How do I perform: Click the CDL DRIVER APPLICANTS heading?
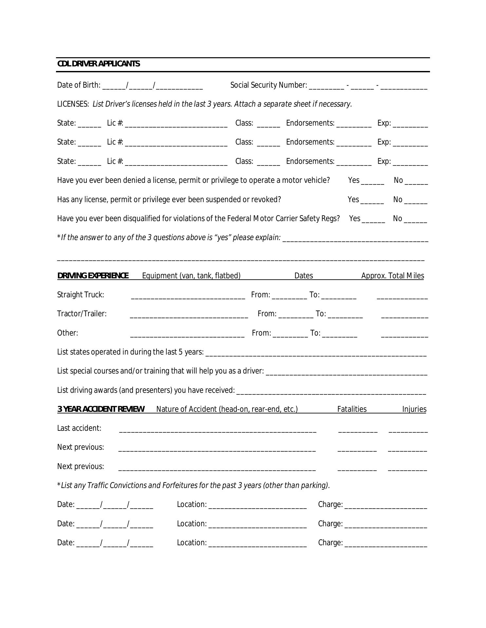[x=99, y=64]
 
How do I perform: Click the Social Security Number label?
[x=269, y=85]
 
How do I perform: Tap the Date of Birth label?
[x=79, y=85]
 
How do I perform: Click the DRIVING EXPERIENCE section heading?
[x=93, y=276]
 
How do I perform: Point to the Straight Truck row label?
[x=81, y=295]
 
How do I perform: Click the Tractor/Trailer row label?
[x=82, y=314]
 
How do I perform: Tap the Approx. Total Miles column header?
[x=392, y=276]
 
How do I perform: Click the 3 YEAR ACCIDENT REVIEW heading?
[x=101, y=409]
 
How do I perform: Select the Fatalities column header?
[x=352, y=409]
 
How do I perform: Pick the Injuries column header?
[x=414, y=409]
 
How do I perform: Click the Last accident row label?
[x=79, y=428]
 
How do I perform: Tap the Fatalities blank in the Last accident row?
[x=358, y=430]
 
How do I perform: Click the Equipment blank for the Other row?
[x=187, y=335]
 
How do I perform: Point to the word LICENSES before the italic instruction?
[x=73, y=104]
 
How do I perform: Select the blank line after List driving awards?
[x=331, y=392]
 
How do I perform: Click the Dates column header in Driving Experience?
[x=304, y=276]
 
